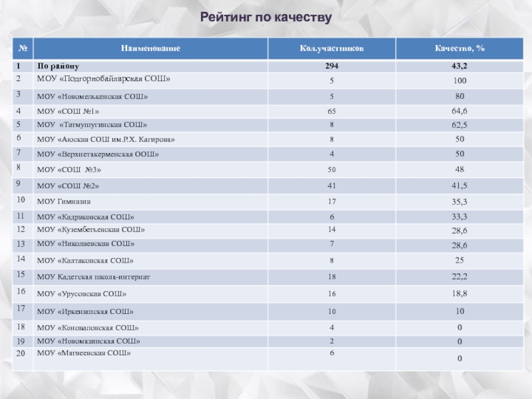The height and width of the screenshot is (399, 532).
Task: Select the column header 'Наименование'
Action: coord(150,49)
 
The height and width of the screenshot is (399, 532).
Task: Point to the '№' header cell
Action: coord(23,49)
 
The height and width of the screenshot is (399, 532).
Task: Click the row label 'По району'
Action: coord(58,66)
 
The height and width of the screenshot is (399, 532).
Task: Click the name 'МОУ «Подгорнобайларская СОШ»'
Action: coord(104,79)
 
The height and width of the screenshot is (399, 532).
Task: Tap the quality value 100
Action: coord(460,81)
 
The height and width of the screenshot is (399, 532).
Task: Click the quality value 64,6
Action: coord(460,110)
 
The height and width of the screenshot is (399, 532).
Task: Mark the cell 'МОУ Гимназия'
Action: coord(64,201)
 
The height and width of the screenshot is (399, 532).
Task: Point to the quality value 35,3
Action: coord(460,200)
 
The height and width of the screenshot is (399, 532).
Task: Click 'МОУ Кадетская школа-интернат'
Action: coord(94,275)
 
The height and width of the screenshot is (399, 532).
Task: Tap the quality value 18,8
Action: coord(460,293)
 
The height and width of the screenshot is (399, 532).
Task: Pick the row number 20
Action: coord(21,353)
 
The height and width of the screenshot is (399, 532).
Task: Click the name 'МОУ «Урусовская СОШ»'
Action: coord(81,293)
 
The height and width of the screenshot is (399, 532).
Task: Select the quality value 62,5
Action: coord(460,124)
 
